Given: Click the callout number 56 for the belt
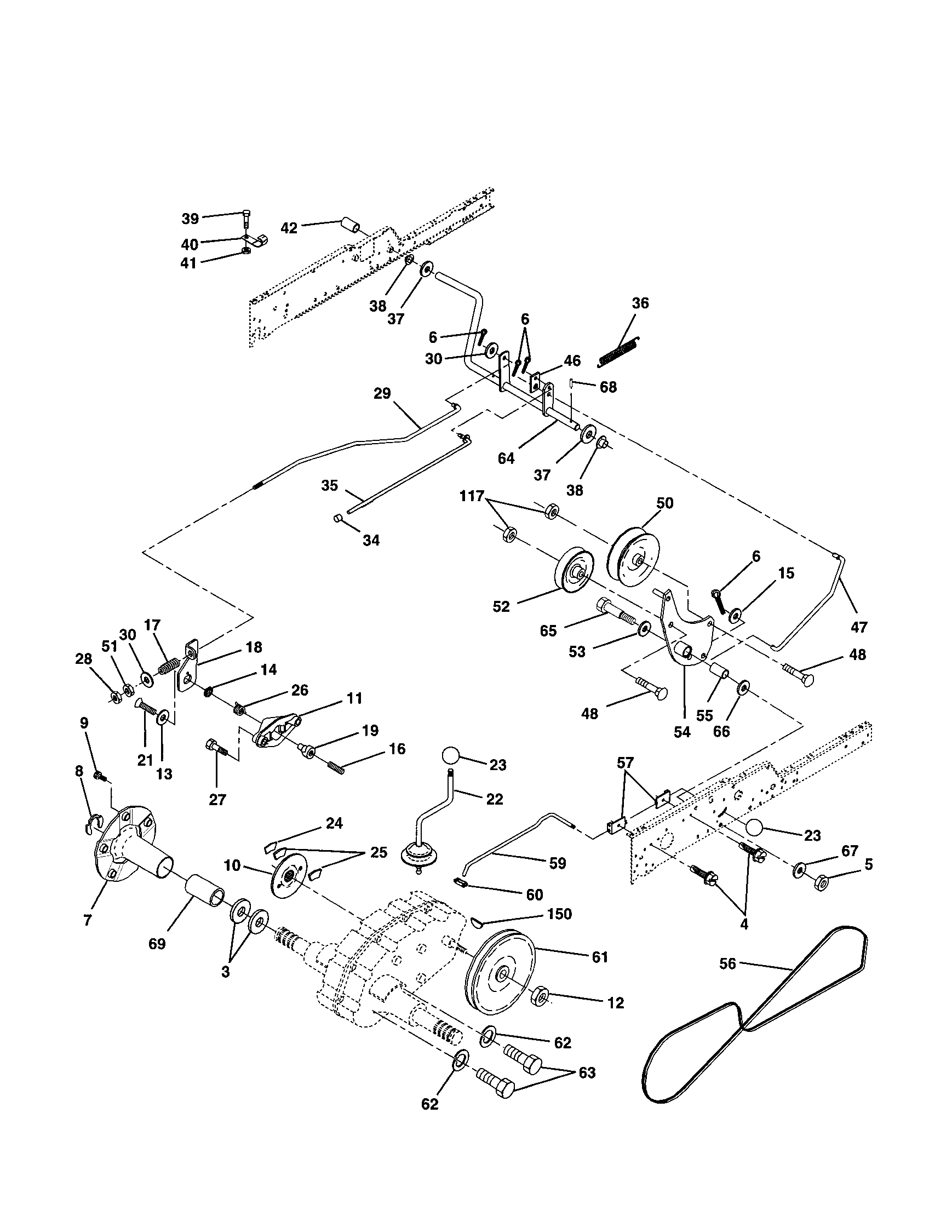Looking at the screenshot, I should coord(727,964).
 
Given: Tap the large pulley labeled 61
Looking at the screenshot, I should coord(500,973).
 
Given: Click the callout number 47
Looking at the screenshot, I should coord(859,627).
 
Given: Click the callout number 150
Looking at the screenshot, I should coord(559,914).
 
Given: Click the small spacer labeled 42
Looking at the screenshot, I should coord(350,225).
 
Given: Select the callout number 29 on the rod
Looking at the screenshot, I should coord(382,393).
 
